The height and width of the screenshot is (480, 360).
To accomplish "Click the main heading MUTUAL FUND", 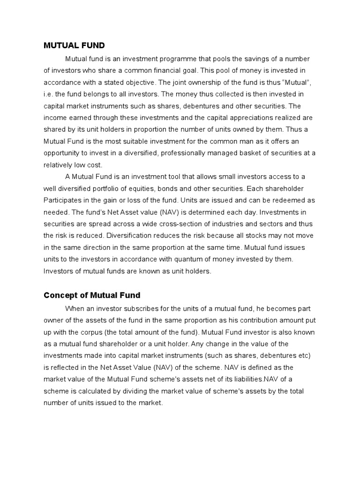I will pyautogui.click(x=74, y=45).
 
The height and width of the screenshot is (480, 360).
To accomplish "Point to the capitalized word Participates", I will pyautogui.click(x=66, y=200).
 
